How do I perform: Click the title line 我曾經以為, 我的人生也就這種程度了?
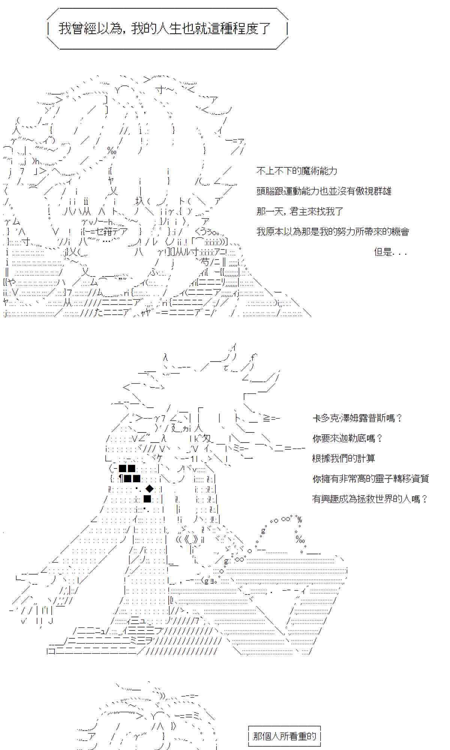(x=165, y=28)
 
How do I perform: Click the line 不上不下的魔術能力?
(x=297, y=171)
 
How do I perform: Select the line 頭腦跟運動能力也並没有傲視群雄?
(x=324, y=192)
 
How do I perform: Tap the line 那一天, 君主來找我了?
(x=300, y=212)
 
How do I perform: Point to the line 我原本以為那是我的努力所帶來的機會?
(x=333, y=232)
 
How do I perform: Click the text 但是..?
(x=383, y=252)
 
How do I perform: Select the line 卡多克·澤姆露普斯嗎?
(x=357, y=418)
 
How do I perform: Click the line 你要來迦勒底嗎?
(x=347, y=438)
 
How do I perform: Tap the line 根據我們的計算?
(x=343, y=459)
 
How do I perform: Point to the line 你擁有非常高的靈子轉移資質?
(x=370, y=479)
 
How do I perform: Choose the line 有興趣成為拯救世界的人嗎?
(x=370, y=499)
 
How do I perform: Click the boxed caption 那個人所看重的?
(x=285, y=736)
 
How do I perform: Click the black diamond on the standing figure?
(x=149, y=489)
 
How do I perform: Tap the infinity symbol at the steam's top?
(x=286, y=519)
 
